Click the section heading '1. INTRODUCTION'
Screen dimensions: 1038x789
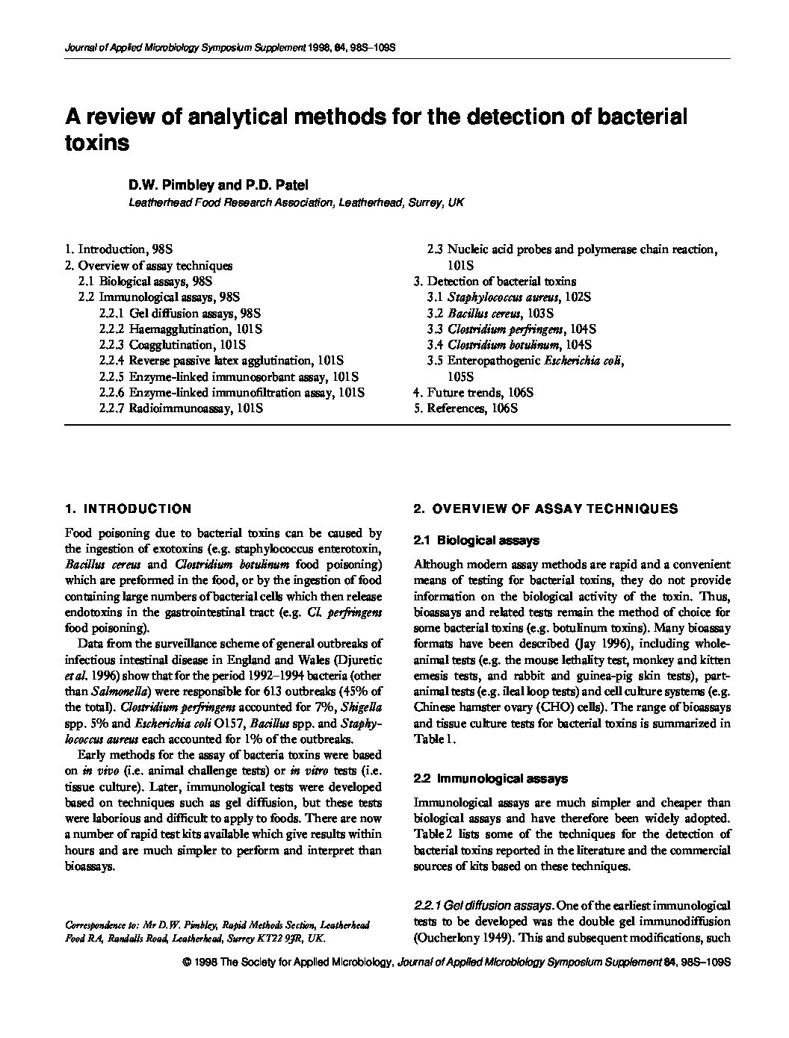tap(128, 509)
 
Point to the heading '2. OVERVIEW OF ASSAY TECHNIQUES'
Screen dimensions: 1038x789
tap(545, 509)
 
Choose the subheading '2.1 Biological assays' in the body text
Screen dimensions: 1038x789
tap(477, 540)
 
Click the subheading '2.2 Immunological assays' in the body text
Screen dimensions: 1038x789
tap(490, 779)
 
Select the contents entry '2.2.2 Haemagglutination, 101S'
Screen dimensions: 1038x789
tap(180, 329)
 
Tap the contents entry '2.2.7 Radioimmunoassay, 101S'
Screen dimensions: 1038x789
tap(180, 408)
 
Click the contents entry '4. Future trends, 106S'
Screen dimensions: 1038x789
tap(474, 393)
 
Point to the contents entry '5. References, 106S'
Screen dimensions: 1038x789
tap(465, 408)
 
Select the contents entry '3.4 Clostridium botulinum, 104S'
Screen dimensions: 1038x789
tap(510, 345)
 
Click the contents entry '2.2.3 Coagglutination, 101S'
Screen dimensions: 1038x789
tap(172, 345)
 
